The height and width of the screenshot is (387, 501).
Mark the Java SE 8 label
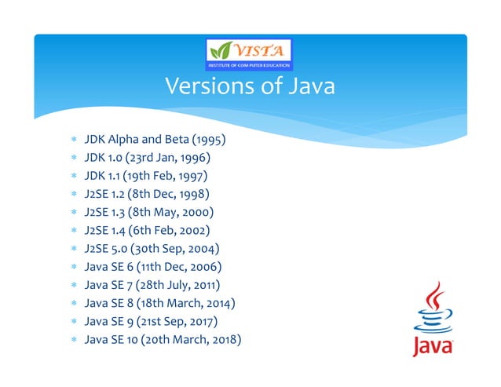pos(109,303)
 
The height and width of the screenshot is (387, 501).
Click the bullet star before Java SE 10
pos(72,341)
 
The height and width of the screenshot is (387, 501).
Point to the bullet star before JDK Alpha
pos(72,142)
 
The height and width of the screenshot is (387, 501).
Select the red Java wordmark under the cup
pos(432,346)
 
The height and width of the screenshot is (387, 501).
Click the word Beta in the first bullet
pos(166,141)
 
